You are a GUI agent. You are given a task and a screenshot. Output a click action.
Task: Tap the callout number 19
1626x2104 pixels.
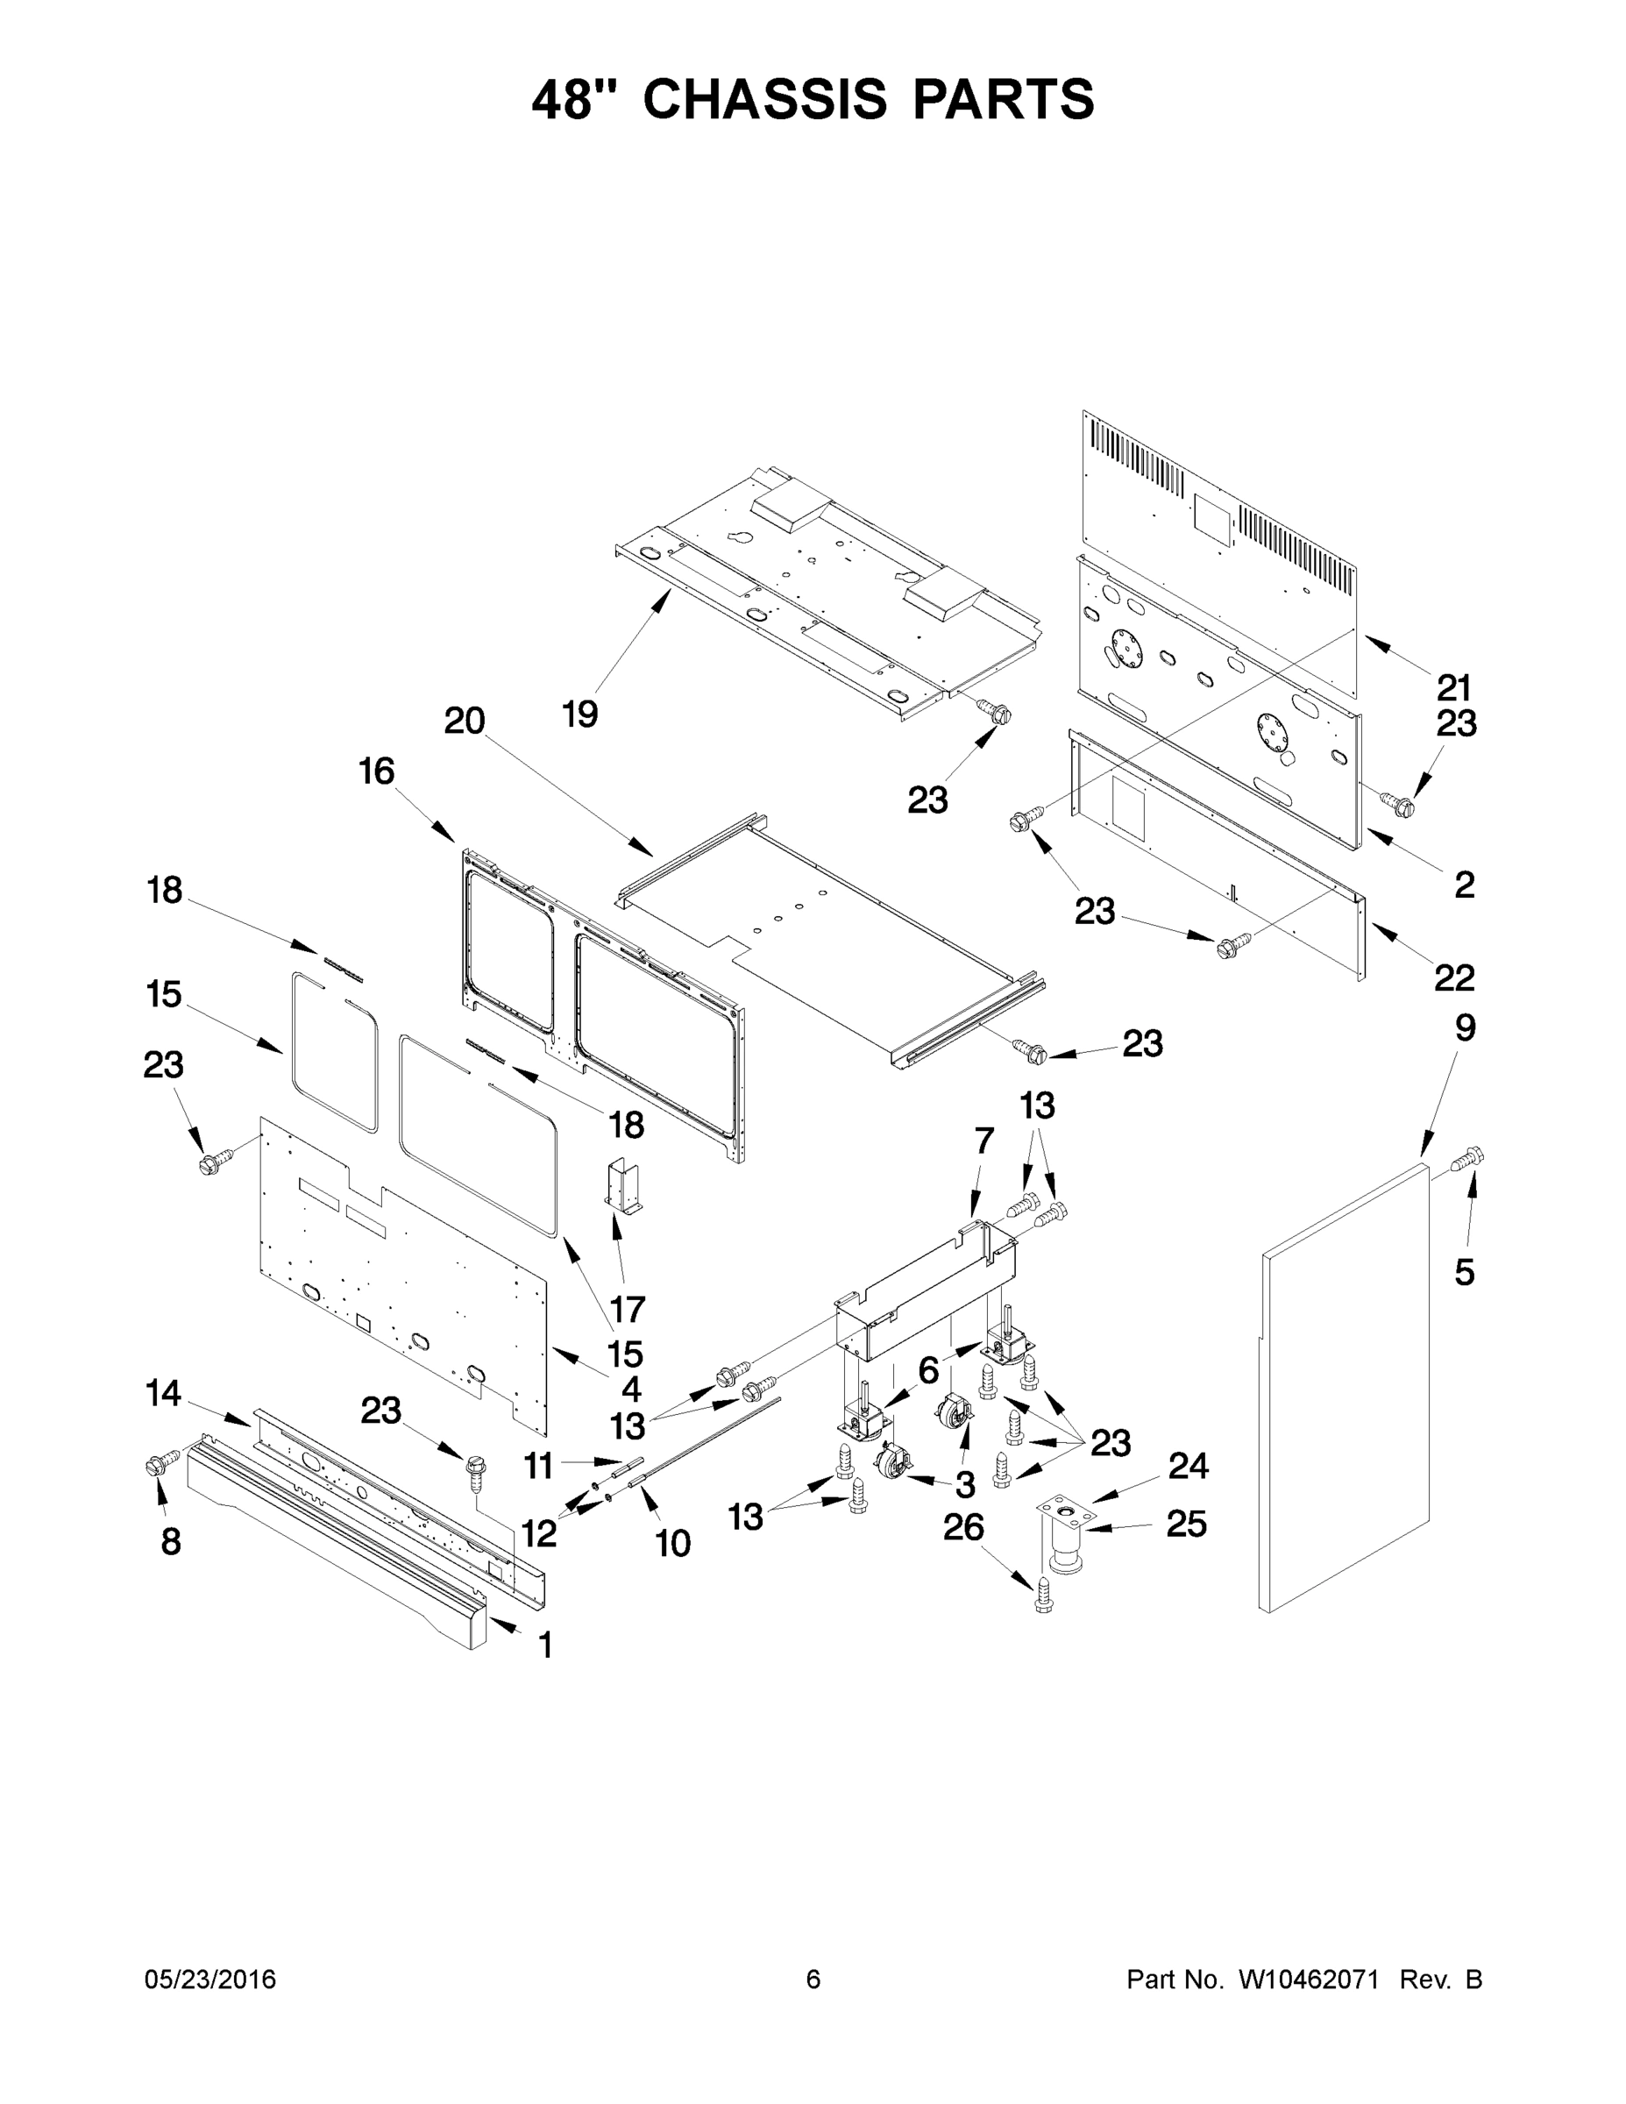coord(580,714)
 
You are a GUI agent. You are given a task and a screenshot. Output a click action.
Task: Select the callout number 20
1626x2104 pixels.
coord(465,721)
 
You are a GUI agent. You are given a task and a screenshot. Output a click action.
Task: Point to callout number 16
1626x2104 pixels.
coord(377,771)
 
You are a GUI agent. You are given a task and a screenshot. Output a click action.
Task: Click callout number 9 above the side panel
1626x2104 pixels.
coord(1464,1028)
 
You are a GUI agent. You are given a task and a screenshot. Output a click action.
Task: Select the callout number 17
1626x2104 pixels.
coord(627,1309)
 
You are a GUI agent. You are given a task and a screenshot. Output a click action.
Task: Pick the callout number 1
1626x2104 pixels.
coord(544,1646)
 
